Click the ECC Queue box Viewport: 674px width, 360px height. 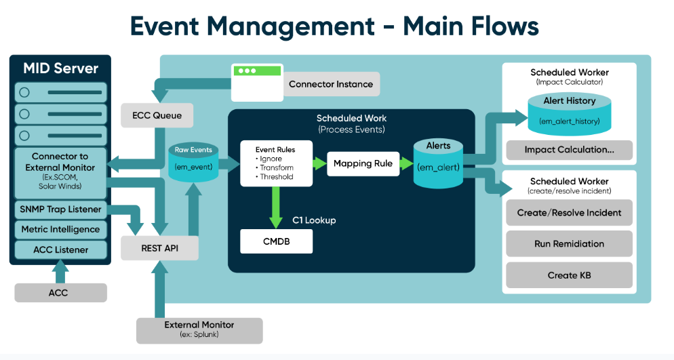point(157,115)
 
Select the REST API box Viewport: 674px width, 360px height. point(160,248)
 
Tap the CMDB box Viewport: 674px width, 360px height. point(277,241)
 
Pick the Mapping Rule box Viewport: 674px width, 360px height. point(363,163)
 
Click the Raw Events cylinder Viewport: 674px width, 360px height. point(193,162)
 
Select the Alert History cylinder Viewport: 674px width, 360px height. point(569,113)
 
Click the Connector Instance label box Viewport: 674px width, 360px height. point(331,85)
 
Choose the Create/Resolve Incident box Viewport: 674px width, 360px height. point(569,213)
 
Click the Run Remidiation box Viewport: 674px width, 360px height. point(569,244)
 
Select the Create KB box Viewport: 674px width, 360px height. point(569,275)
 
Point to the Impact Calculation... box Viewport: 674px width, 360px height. point(569,150)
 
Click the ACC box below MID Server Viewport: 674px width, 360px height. point(60,293)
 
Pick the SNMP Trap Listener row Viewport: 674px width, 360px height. point(61,209)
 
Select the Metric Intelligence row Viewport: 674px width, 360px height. point(61,230)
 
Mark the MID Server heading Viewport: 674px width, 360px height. point(60,68)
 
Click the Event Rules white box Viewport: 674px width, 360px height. point(276,163)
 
